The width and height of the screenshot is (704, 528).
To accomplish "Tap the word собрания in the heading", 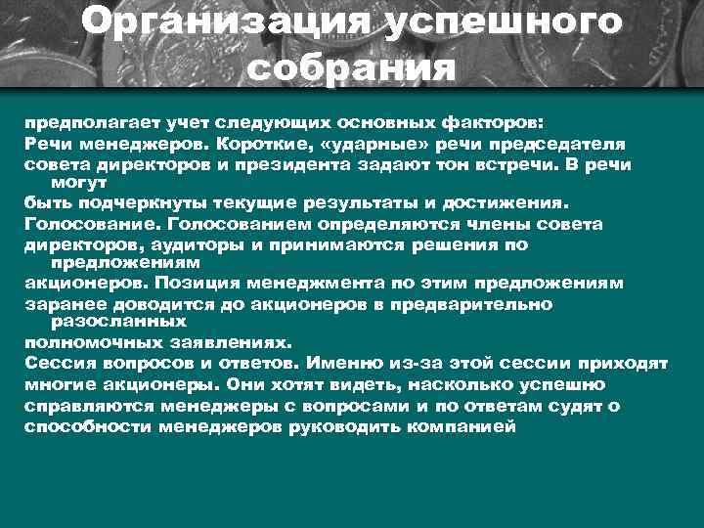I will (352, 68).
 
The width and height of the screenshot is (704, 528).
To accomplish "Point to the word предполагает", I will (80, 124).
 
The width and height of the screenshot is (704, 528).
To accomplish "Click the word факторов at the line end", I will (503, 124).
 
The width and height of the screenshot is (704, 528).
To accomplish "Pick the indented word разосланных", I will (118, 321).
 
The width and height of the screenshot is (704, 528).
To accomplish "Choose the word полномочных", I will (85, 343).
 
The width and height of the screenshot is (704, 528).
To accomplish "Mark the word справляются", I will (80, 406).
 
